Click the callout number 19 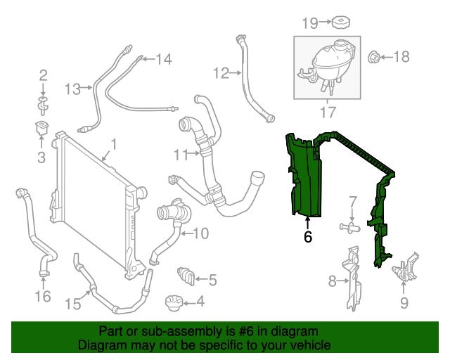310,22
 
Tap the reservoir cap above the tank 342,22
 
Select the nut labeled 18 375,56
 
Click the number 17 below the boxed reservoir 328,111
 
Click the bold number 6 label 307,238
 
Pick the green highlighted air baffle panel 301,176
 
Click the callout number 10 200,233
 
